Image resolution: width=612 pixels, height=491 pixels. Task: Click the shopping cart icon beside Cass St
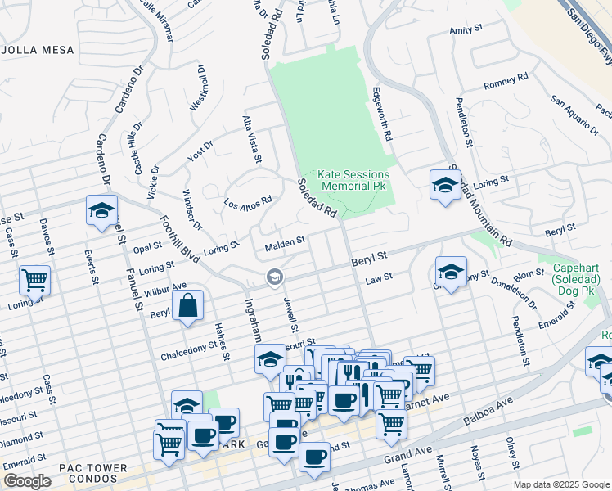[x=34, y=280]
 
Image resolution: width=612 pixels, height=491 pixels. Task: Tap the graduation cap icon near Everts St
[x=101, y=210]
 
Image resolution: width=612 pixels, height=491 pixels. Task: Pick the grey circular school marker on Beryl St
[x=274, y=279]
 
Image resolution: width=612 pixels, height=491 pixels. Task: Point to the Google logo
[x=27, y=481]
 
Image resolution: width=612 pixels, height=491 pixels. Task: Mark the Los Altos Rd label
[x=248, y=202]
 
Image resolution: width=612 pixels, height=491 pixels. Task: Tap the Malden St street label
[x=285, y=242]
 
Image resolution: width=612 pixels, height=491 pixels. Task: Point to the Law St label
[x=379, y=278]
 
